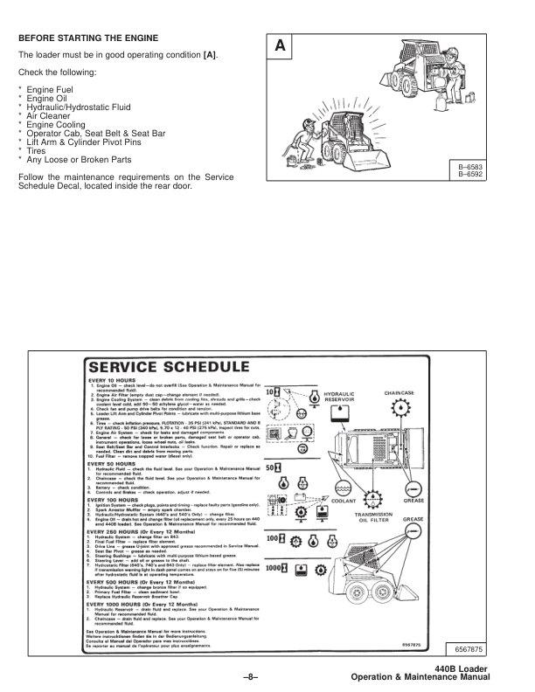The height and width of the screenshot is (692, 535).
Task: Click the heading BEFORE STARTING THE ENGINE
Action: [88, 39]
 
